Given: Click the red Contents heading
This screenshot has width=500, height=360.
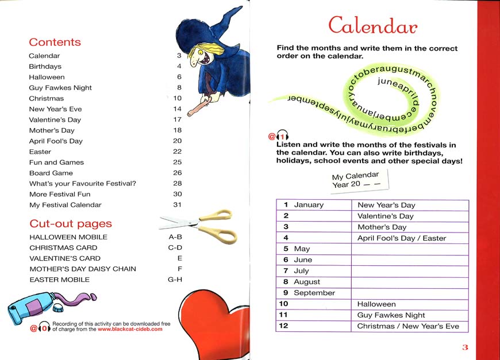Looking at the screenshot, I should point(55,42).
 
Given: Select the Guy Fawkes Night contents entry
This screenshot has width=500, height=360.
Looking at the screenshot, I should point(60,88).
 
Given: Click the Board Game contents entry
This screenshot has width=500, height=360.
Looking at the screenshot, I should point(51,173).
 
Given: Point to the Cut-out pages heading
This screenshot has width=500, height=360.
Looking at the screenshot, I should point(70,224).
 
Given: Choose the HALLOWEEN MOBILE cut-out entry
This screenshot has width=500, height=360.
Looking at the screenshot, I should point(68,237).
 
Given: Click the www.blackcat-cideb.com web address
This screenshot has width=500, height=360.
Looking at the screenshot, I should point(130,330).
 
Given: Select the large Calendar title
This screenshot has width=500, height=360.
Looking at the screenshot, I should point(372,25).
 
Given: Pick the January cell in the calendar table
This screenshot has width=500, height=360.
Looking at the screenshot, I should point(309,205).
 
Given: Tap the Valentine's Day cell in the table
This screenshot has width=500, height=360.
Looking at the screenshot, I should point(385,216).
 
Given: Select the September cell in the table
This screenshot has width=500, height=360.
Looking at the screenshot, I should point(314,293).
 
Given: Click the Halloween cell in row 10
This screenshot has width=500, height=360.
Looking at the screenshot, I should point(376,304).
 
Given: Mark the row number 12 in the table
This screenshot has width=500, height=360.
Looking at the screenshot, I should point(283,326).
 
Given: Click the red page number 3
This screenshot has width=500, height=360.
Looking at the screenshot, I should point(466,347).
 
